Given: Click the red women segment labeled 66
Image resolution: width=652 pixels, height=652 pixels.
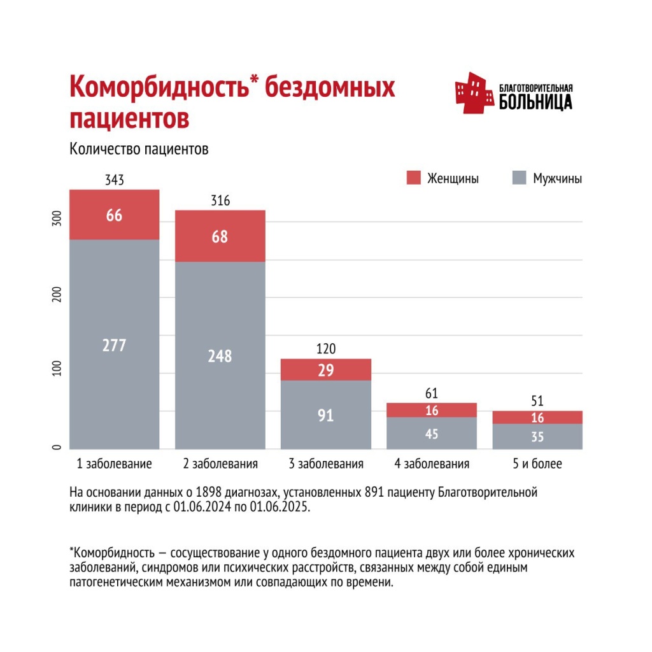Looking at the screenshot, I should point(115,215).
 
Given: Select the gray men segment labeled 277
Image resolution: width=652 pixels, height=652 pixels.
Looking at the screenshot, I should point(115,344).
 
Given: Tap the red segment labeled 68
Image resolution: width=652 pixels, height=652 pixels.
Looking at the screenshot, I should point(220,236).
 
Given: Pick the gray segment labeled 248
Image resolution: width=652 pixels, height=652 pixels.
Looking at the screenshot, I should point(220,355).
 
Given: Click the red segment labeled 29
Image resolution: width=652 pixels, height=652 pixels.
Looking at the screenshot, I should point(326,370).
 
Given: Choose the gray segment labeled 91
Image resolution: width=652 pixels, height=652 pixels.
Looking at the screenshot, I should point(326,415).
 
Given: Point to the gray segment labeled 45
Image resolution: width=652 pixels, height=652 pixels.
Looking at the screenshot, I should point(432,434).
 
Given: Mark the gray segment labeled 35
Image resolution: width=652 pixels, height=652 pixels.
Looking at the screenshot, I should point(538,437).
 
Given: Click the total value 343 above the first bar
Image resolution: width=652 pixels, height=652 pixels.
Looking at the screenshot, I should point(115,180).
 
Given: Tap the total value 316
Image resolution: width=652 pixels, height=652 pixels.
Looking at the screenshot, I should point(220,201).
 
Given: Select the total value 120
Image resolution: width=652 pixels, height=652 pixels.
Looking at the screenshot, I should point(326,349).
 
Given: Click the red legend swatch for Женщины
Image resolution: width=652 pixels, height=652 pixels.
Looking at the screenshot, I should point(413,178).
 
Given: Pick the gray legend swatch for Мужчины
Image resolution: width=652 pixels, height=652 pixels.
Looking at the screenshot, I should point(520,178).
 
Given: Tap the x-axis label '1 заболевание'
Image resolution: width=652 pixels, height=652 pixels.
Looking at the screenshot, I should point(115,464).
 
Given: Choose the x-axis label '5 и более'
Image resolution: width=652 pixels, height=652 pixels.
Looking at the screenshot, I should point(538,464).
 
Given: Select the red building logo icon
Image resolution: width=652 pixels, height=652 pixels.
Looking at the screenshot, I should point(474,93).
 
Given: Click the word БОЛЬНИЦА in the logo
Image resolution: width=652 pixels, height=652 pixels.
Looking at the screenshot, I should point(535,102).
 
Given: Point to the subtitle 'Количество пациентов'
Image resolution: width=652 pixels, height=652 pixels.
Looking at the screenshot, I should point(139,150).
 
